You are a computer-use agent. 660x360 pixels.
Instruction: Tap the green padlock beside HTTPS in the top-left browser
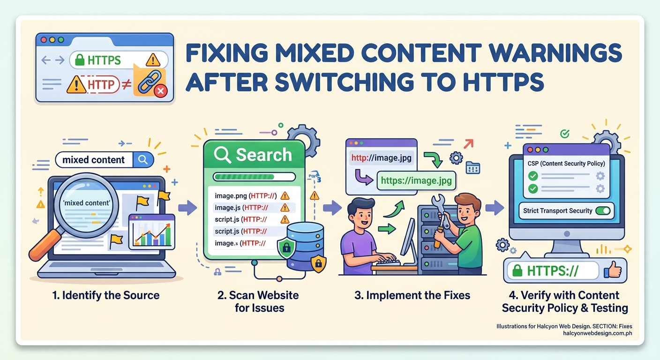pos(79,60)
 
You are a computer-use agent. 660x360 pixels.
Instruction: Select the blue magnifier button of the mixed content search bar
pos(143,160)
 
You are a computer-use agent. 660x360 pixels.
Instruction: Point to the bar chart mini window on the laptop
pos(151,232)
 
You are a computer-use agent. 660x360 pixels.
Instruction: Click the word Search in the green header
pos(264,155)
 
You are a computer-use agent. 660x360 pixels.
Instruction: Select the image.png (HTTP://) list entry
pos(246,196)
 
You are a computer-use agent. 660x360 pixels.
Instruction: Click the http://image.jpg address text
pos(381,158)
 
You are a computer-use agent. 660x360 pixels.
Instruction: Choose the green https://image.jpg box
pos(416,180)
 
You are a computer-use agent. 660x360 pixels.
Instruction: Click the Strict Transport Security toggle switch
pos(603,211)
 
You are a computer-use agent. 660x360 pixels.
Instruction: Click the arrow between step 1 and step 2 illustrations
pos(187,207)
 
